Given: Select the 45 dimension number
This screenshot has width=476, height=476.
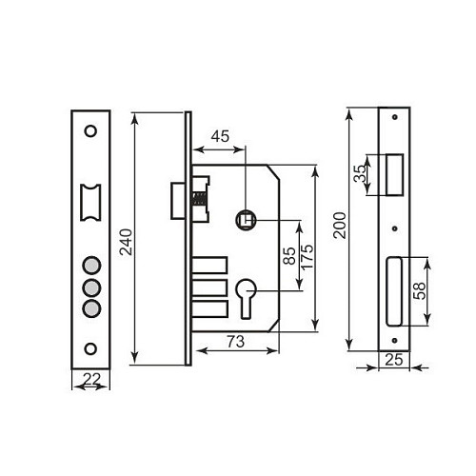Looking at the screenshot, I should pos(219,136).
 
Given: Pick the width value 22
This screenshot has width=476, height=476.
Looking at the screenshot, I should pos(91,380).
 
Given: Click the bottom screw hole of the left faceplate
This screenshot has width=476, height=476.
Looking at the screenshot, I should pos(91,347).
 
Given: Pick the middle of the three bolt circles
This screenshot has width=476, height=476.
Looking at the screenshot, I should pos(91,287).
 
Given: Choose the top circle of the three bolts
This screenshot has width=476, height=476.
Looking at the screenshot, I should pos(91,267).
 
